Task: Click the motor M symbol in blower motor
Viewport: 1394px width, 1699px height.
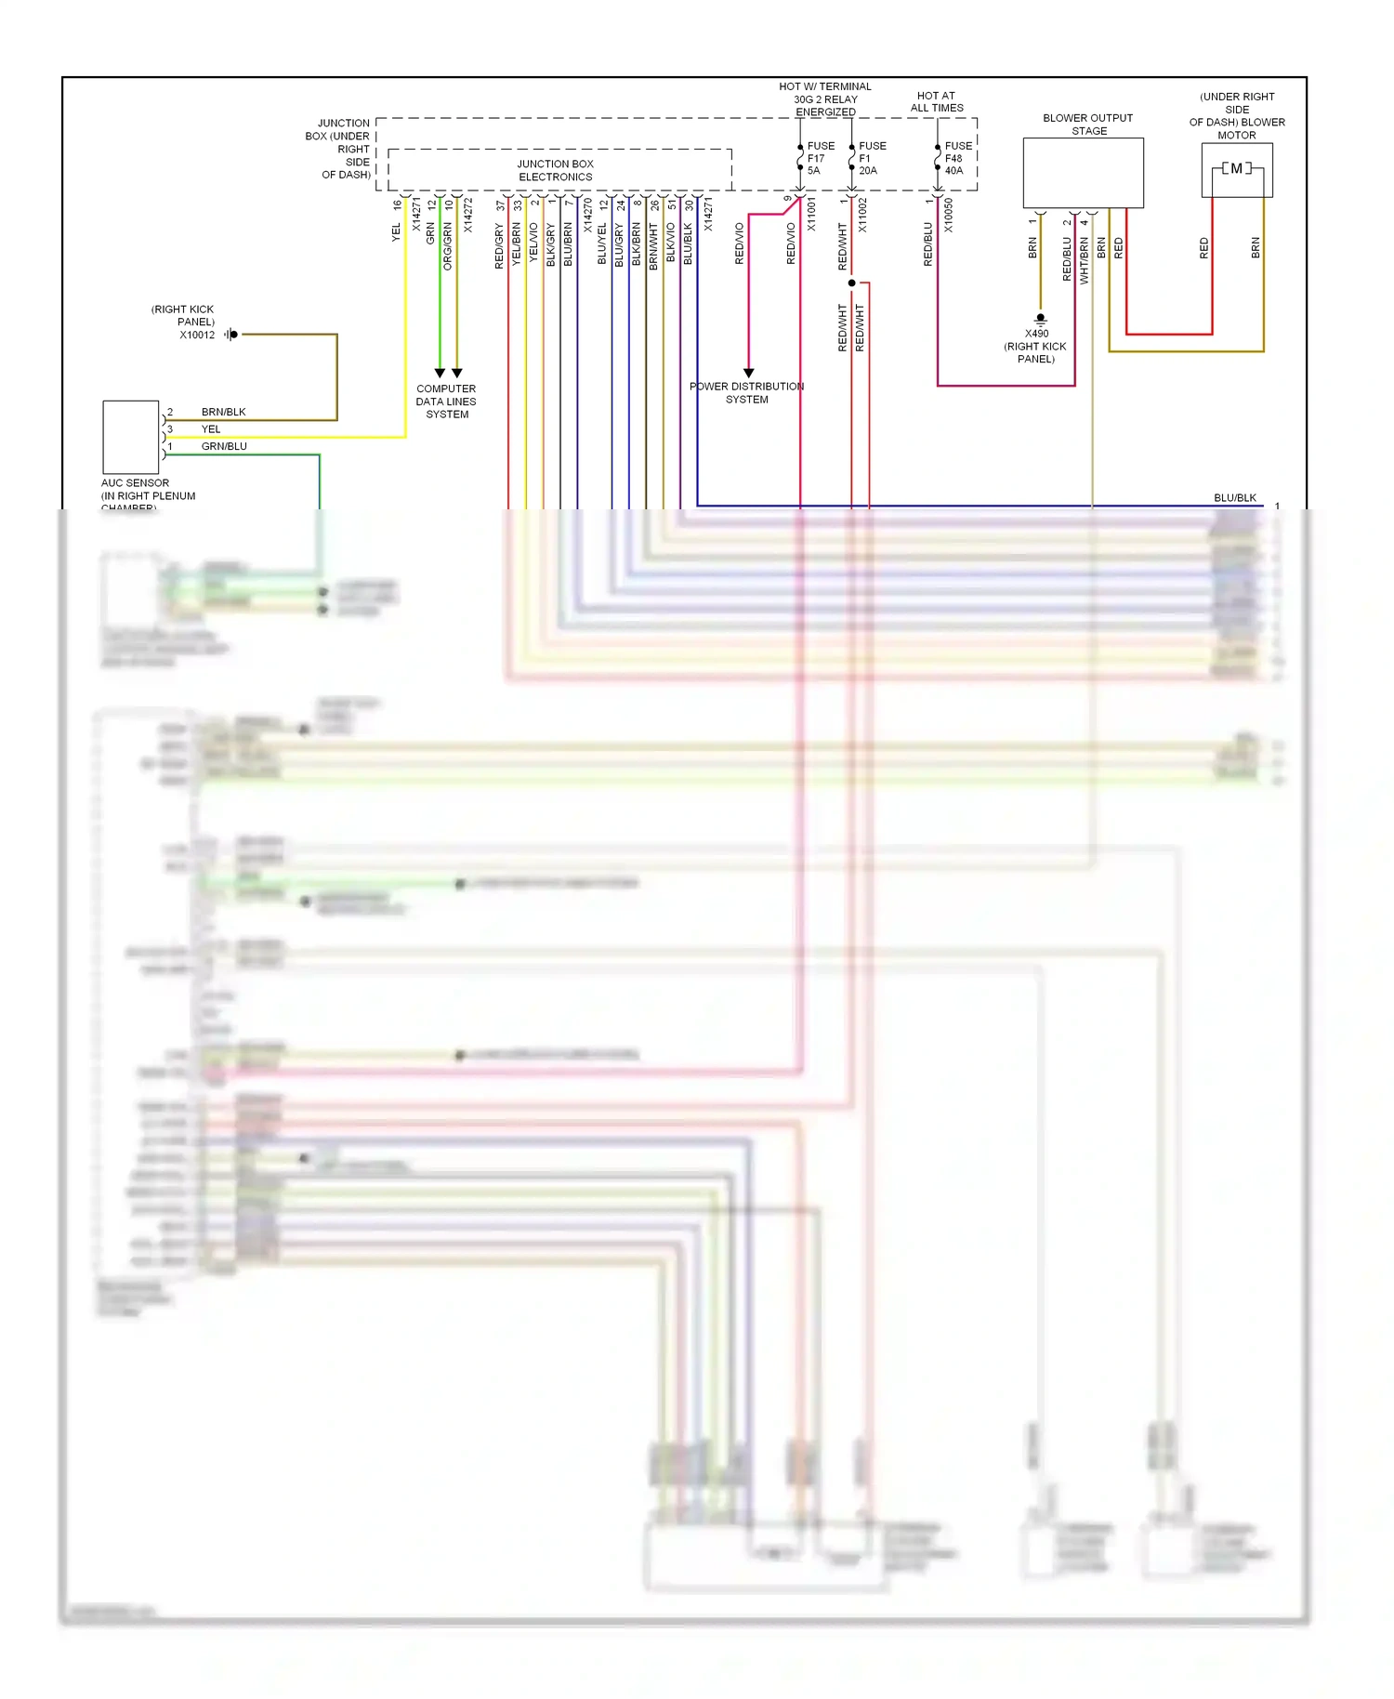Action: pyautogui.click(x=1236, y=169)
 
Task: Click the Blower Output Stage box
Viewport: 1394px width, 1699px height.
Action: pyautogui.click(x=1083, y=173)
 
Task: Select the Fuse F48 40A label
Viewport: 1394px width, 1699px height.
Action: pyautogui.click(x=957, y=159)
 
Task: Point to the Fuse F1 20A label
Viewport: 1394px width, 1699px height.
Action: pyautogui.click(x=872, y=159)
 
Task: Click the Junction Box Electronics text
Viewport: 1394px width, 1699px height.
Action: pyautogui.click(x=555, y=171)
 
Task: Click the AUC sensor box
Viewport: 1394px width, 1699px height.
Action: pyautogui.click(x=130, y=437)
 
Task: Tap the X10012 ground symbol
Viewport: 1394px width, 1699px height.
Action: pyautogui.click(x=230, y=335)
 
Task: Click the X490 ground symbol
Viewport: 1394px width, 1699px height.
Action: pyautogui.click(x=1040, y=319)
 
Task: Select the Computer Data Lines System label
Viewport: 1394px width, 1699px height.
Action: pyautogui.click(x=446, y=402)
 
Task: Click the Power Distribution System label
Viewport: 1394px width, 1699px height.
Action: pyautogui.click(x=746, y=393)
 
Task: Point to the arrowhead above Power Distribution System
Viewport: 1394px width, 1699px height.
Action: pyautogui.click(x=748, y=373)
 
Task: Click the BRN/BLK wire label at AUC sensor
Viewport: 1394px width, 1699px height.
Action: pyautogui.click(x=223, y=412)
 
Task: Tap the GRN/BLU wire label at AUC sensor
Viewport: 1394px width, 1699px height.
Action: pyautogui.click(x=224, y=446)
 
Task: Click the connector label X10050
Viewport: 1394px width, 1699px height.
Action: pyautogui.click(x=949, y=215)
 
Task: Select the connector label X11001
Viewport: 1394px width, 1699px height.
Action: pyautogui.click(x=811, y=215)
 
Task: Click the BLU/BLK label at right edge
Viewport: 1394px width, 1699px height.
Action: pyautogui.click(x=1234, y=498)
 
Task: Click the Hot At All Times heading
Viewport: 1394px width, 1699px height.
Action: pyautogui.click(x=936, y=102)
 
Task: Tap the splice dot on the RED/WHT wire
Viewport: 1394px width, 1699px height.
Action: pyautogui.click(x=851, y=283)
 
